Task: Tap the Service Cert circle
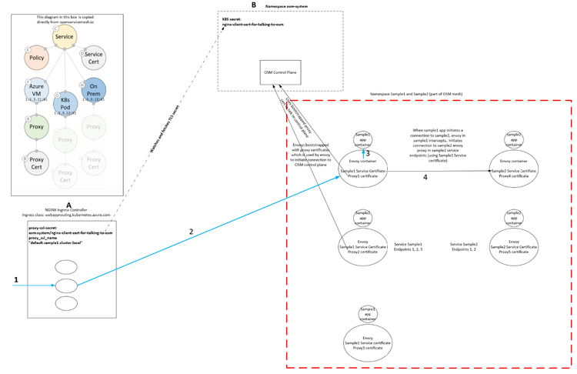coord(94,58)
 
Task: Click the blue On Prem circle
coord(94,90)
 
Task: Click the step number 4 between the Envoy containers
coord(425,177)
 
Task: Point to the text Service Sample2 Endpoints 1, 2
coord(463,247)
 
